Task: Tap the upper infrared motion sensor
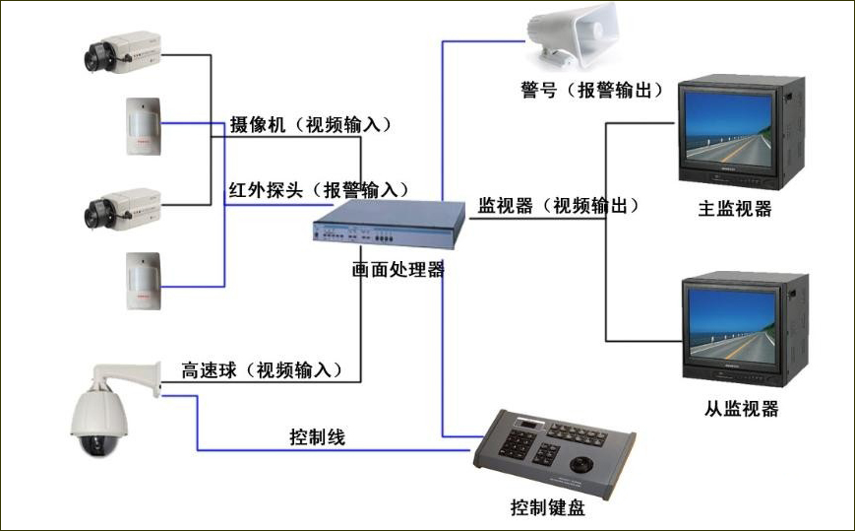coord(142,125)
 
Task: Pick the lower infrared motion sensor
coord(142,281)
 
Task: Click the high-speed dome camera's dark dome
coord(99,440)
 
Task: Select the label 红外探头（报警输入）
coord(318,188)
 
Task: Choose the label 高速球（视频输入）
coord(262,369)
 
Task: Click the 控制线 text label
coord(317,434)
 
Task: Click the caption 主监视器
coord(734,208)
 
